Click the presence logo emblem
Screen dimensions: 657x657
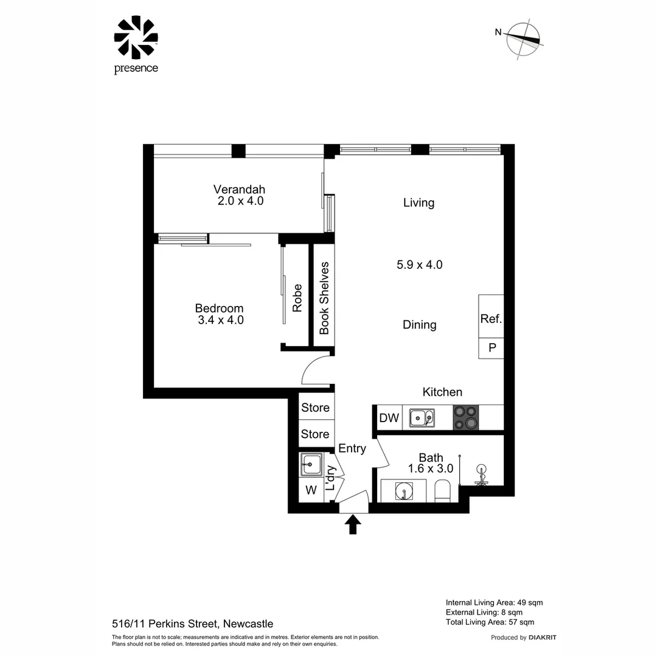[136, 38]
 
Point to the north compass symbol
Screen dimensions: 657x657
[523, 40]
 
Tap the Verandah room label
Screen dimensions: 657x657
[239, 189]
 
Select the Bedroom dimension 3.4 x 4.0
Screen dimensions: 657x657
[221, 320]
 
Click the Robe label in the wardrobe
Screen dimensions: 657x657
[297, 298]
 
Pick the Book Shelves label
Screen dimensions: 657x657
[324, 298]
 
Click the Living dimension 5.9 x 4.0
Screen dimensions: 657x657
[419, 265]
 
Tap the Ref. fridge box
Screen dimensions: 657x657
[491, 318]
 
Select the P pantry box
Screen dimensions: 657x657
[492, 349]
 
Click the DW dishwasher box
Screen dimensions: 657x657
[389, 418]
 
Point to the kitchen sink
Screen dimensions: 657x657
[421, 418]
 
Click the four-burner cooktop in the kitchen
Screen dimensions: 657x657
[465, 418]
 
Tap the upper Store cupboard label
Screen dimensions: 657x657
[315, 408]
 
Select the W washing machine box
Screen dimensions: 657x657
[311, 490]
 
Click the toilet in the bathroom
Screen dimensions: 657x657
[442, 490]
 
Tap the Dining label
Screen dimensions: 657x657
[419, 325]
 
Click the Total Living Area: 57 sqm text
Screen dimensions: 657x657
[490, 622]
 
